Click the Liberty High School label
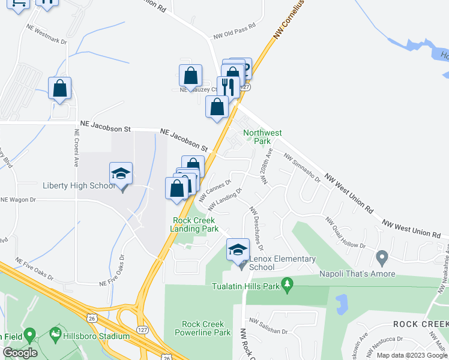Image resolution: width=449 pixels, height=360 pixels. coord(79,185)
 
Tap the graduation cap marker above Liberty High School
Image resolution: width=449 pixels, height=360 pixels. coord(121,174)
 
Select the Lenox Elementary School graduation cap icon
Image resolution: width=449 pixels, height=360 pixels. coord(238,250)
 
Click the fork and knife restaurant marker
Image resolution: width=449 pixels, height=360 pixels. coord(228,87)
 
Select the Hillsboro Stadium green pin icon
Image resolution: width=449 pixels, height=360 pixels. coord(55,332)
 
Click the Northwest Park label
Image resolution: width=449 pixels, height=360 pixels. coord(262,137)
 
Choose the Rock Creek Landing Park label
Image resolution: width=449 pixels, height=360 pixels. coord(194,224)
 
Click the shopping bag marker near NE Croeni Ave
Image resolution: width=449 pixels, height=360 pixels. coord(60,89)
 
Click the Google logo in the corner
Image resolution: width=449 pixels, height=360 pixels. coord(20,353)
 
